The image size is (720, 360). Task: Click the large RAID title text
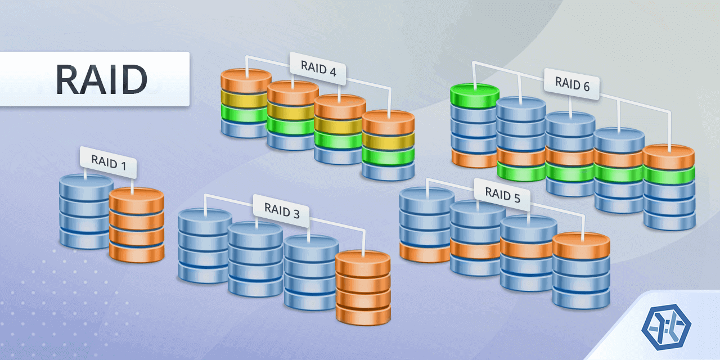point(101,79)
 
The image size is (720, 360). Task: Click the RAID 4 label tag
point(318,69)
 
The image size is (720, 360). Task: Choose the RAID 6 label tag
point(572,84)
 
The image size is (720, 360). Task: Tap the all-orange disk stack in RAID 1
point(136,225)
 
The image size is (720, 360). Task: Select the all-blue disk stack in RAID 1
point(86,211)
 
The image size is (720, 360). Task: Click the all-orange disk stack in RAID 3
point(363,287)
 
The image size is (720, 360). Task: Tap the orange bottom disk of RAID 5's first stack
point(426,253)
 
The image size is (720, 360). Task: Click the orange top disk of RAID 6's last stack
point(668,156)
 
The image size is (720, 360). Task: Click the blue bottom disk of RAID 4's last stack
point(388,171)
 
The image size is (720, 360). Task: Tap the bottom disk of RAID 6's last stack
point(669,220)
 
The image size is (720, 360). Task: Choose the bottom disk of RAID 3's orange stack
point(363,314)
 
